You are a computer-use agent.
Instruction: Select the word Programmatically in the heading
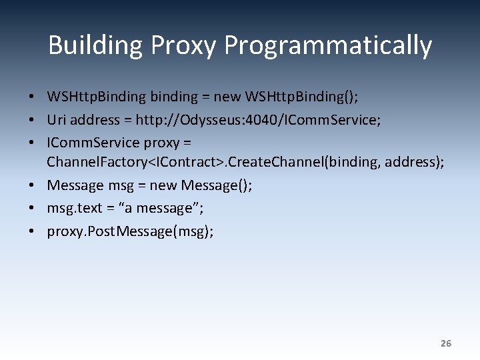pyautogui.click(x=328, y=45)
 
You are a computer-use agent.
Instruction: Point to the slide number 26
pyautogui.click(x=446, y=343)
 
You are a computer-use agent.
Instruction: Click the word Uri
pyautogui.click(x=56, y=120)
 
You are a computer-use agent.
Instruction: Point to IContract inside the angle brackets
pyautogui.click(x=192, y=161)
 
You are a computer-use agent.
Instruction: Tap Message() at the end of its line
pyautogui.click(x=217, y=185)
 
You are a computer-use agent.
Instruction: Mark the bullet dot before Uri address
pyautogui.click(x=32, y=120)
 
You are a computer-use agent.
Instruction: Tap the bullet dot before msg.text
pyautogui.click(x=32, y=208)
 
